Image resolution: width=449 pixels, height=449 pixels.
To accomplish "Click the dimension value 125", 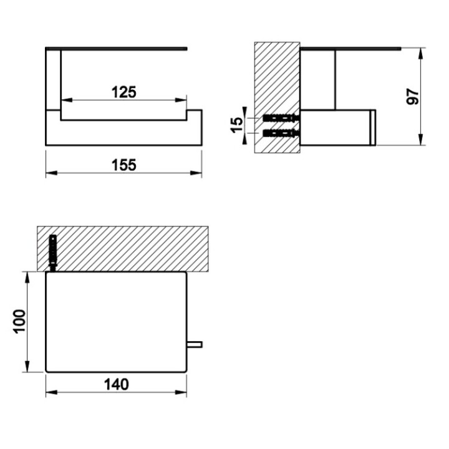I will click(x=123, y=92).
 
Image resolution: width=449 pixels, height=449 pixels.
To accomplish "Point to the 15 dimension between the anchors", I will click(x=236, y=125).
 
